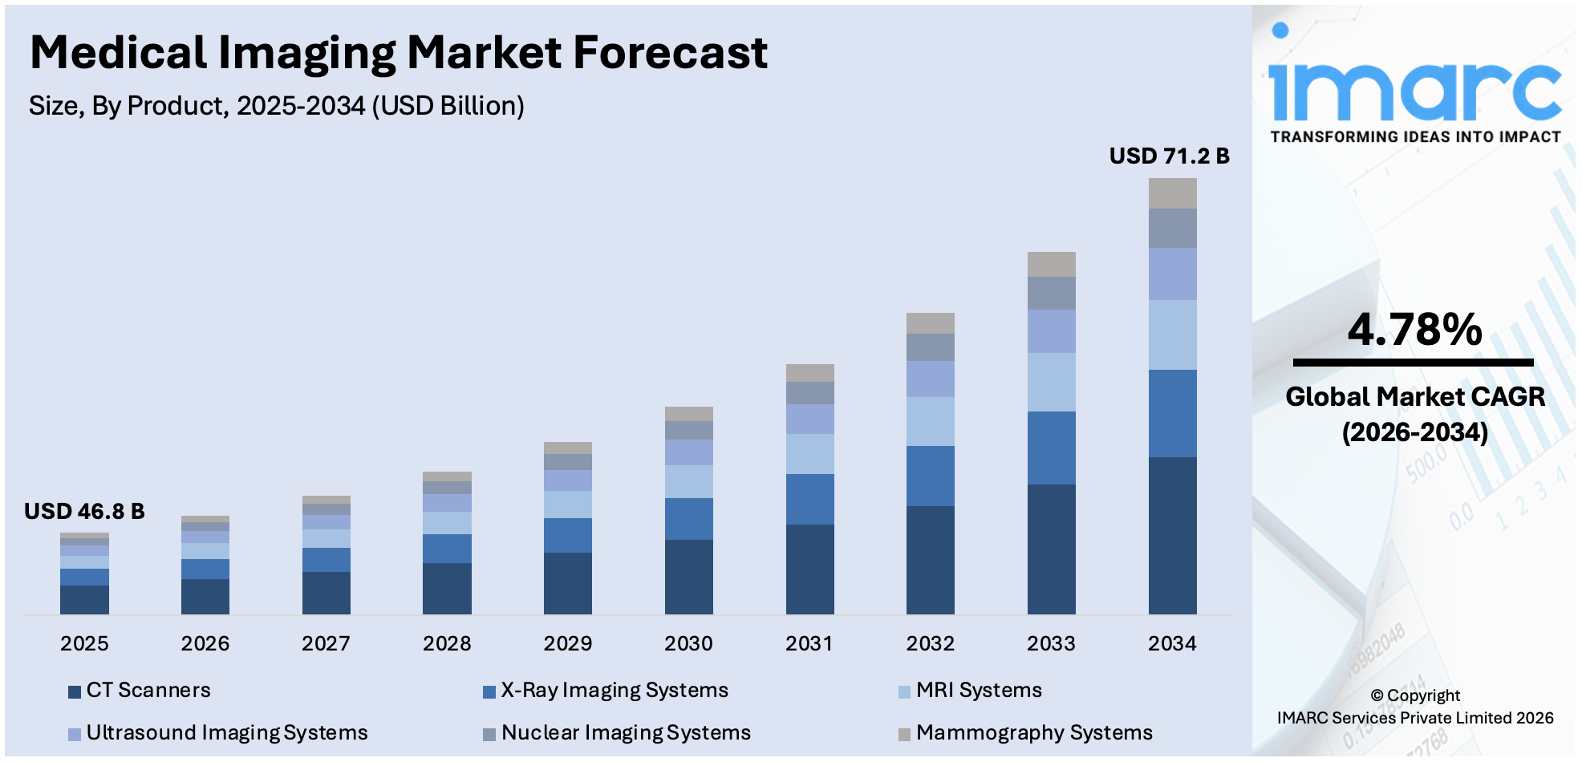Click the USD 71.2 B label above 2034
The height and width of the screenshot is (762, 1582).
coord(1169,156)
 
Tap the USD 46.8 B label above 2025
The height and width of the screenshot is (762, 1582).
coord(84,511)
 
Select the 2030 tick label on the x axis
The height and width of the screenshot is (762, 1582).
coord(688,643)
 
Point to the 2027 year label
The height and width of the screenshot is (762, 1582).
coord(326,643)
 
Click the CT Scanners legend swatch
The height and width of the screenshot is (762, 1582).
coord(75,691)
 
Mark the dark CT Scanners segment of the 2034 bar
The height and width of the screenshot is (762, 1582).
coord(1172,535)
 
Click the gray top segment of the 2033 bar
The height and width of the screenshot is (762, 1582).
coord(1051,264)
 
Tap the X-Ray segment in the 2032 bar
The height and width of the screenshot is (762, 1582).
coord(930,476)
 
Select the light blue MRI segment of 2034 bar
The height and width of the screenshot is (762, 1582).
coord(1172,334)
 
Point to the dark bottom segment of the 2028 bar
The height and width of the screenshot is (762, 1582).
coord(447,588)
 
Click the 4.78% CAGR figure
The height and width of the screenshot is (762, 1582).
coord(1414,330)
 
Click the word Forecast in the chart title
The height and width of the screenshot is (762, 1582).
coord(670,53)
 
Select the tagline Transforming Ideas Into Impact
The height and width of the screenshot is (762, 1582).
coord(1415,137)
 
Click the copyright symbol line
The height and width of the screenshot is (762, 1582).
coord(1415,695)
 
